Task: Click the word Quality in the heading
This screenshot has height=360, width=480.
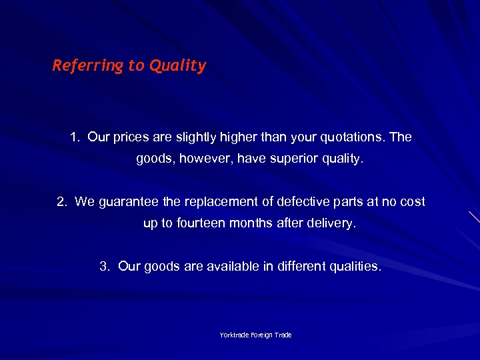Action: pos(178,65)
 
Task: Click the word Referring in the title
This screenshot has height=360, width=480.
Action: pos(79,65)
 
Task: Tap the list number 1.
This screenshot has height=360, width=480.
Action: pos(74,137)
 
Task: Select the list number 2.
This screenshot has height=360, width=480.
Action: pos(61,201)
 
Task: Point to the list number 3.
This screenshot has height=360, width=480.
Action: pos(104,266)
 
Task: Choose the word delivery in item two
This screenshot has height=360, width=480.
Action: pos(331,223)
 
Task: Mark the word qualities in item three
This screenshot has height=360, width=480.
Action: pos(355,266)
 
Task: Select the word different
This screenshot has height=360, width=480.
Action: pos(301,266)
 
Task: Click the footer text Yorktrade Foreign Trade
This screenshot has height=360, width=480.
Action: pos(256,335)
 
